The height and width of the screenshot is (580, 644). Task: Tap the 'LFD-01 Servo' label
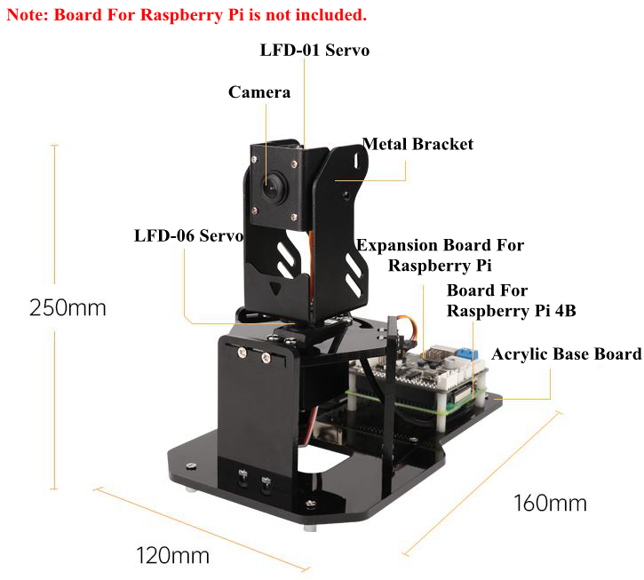(x=314, y=50)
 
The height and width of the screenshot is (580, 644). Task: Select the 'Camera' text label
(x=259, y=91)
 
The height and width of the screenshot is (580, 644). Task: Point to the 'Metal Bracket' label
(x=417, y=144)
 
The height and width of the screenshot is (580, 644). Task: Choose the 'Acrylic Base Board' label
(x=566, y=354)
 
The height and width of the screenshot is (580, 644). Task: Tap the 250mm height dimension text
(x=68, y=309)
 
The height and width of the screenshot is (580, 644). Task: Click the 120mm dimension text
(x=172, y=556)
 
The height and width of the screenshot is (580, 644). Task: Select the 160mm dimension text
(x=550, y=503)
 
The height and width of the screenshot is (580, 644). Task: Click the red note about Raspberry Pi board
(x=187, y=15)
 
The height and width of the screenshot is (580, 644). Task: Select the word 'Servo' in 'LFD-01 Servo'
(x=347, y=50)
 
